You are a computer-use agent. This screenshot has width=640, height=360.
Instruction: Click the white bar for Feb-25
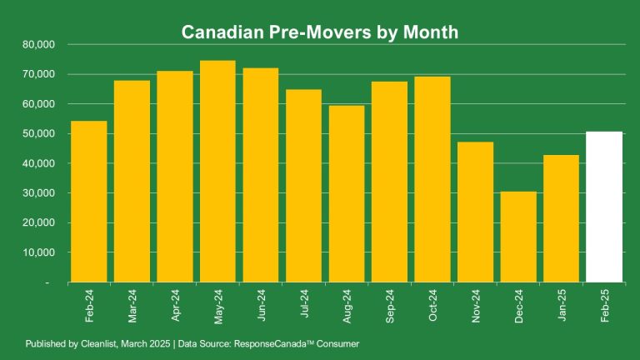pos(604,207)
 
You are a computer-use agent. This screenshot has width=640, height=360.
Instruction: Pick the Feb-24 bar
pos(89,202)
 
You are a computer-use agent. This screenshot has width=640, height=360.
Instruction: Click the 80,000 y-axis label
pos(37,44)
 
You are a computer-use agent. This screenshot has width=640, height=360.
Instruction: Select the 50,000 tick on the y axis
pos(37,133)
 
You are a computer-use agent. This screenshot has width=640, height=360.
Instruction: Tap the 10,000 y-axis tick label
pos(37,252)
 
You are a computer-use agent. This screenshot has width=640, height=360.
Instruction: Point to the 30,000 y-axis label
pos(37,193)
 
